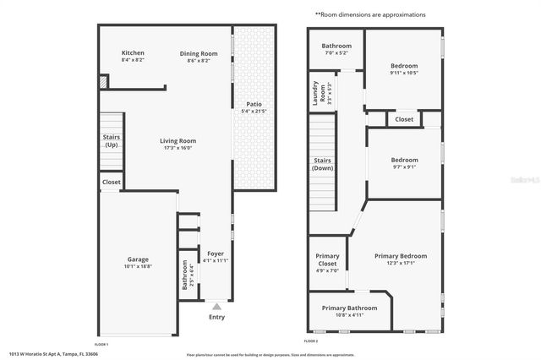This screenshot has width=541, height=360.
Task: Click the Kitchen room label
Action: click(x=133, y=52)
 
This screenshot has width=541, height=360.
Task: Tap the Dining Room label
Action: click(x=199, y=53)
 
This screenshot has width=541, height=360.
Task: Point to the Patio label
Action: click(x=254, y=104)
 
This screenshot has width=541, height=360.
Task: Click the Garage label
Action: click(x=138, y=259)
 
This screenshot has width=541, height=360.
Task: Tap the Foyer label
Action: click(x=216, y=253)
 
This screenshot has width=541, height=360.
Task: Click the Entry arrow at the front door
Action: click(x=216, y=307)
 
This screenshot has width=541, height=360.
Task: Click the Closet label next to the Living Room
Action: click(x=111, y=182)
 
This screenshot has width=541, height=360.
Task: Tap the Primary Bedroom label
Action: click(x=401, y=256)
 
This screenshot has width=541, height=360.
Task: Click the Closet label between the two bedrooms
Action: click(x=404, y=119)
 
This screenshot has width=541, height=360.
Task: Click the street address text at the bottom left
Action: click(x=53, y=353)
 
